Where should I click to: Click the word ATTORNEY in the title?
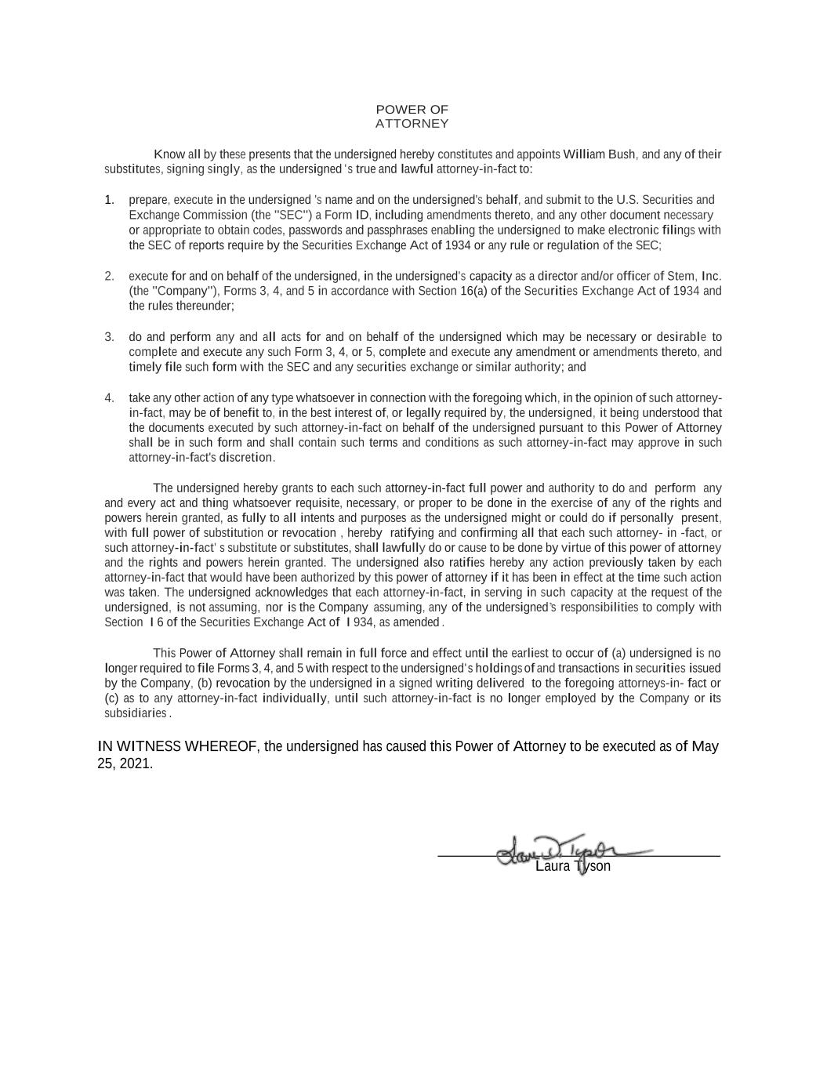[412, 124]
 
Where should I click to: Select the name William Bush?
[599, 154]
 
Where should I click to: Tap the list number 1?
[110, 200]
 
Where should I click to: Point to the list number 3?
[110, 337]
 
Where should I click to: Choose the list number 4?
[110, 397]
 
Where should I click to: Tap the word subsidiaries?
[136, 713]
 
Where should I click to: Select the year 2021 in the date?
[136, 764]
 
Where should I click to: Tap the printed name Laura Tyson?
[572, 867]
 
